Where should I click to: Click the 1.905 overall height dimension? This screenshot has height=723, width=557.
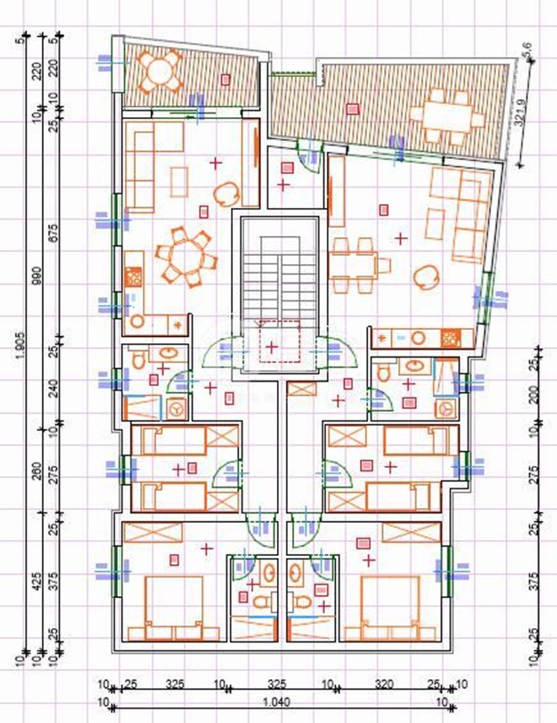pos(22,349)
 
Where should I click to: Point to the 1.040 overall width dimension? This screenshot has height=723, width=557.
pos(277,702)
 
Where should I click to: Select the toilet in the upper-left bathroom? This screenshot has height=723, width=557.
pos(139,360)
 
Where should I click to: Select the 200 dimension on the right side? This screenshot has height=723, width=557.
pos(533,395)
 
